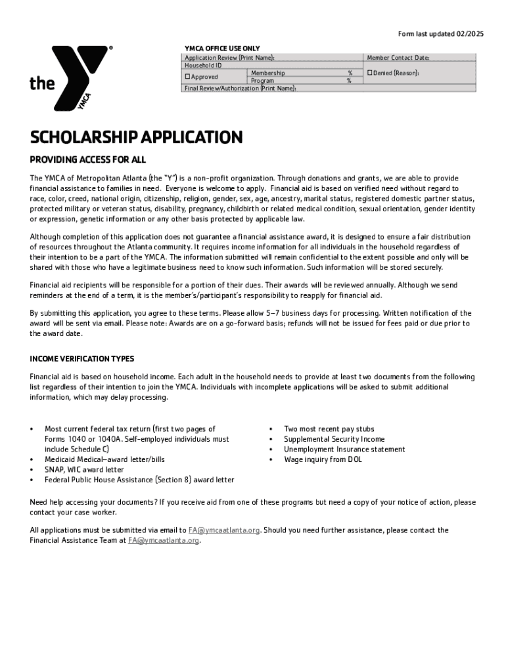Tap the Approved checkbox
pyautogui.click(x=187, y=77)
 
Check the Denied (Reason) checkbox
pyautogui.click(x=369, y=73)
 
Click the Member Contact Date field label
pyautogui.click(x=398, y=58)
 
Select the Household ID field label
pyautogui.click(x=203, y=65)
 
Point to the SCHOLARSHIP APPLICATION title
pyautogui.click(x=136, y=137)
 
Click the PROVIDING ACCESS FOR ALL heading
pyautogui.click(x=87, y=159)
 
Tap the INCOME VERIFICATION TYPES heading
pyautogui.click(x=81, y=359)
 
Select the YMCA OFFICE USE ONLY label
pyautogui.click(x=222, y=49)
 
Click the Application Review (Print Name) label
pyautogui.click(x=229, y=58)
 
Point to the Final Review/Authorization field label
pyautogui.click(x=240, y=88)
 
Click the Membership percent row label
pyautogui.click(x=267, y=73)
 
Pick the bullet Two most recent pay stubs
pyautogui.click(x=329, y=429)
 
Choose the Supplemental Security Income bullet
pyautogui.click(x=334, y=439)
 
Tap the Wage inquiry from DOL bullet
pyautogui.click(x=323, y=459)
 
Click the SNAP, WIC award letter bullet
pyautogui.click(x=83, y=470)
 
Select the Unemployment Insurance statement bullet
pyautogui.click(x=344, y=450)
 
